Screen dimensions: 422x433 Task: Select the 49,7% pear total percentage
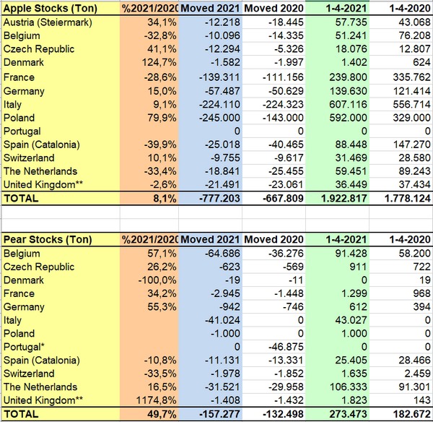[153, 414]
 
